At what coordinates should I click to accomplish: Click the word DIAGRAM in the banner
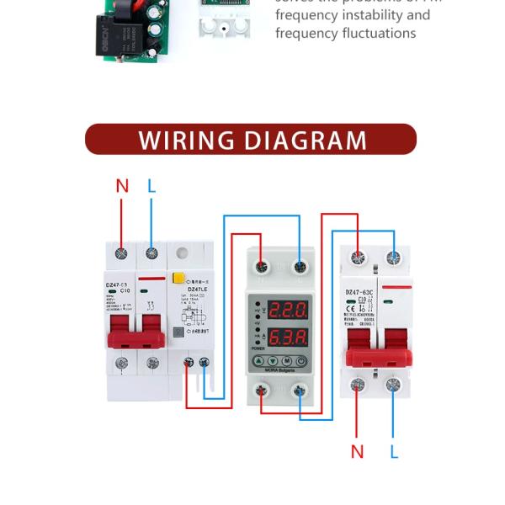[306, 140]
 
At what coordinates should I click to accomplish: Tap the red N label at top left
[122, 186]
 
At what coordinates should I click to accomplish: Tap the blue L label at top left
[151, 186]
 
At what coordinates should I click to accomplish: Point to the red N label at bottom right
[357, 452]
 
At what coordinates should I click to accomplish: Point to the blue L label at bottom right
[394, 452]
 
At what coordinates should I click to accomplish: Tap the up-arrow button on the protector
[259, 362]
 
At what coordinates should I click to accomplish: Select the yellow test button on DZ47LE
[178, 277]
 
